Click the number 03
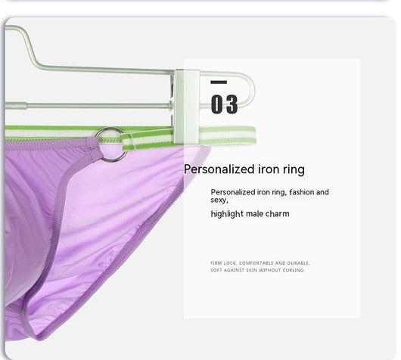[x=224, y=104]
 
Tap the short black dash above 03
[x=219, y=82]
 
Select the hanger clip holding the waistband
[x=187, y=106]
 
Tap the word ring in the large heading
[x=294, y=169]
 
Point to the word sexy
[x=219, y=200]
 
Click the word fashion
[x=302, y=192]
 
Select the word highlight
[x=227, y=214]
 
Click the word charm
[x=278, y=213]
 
